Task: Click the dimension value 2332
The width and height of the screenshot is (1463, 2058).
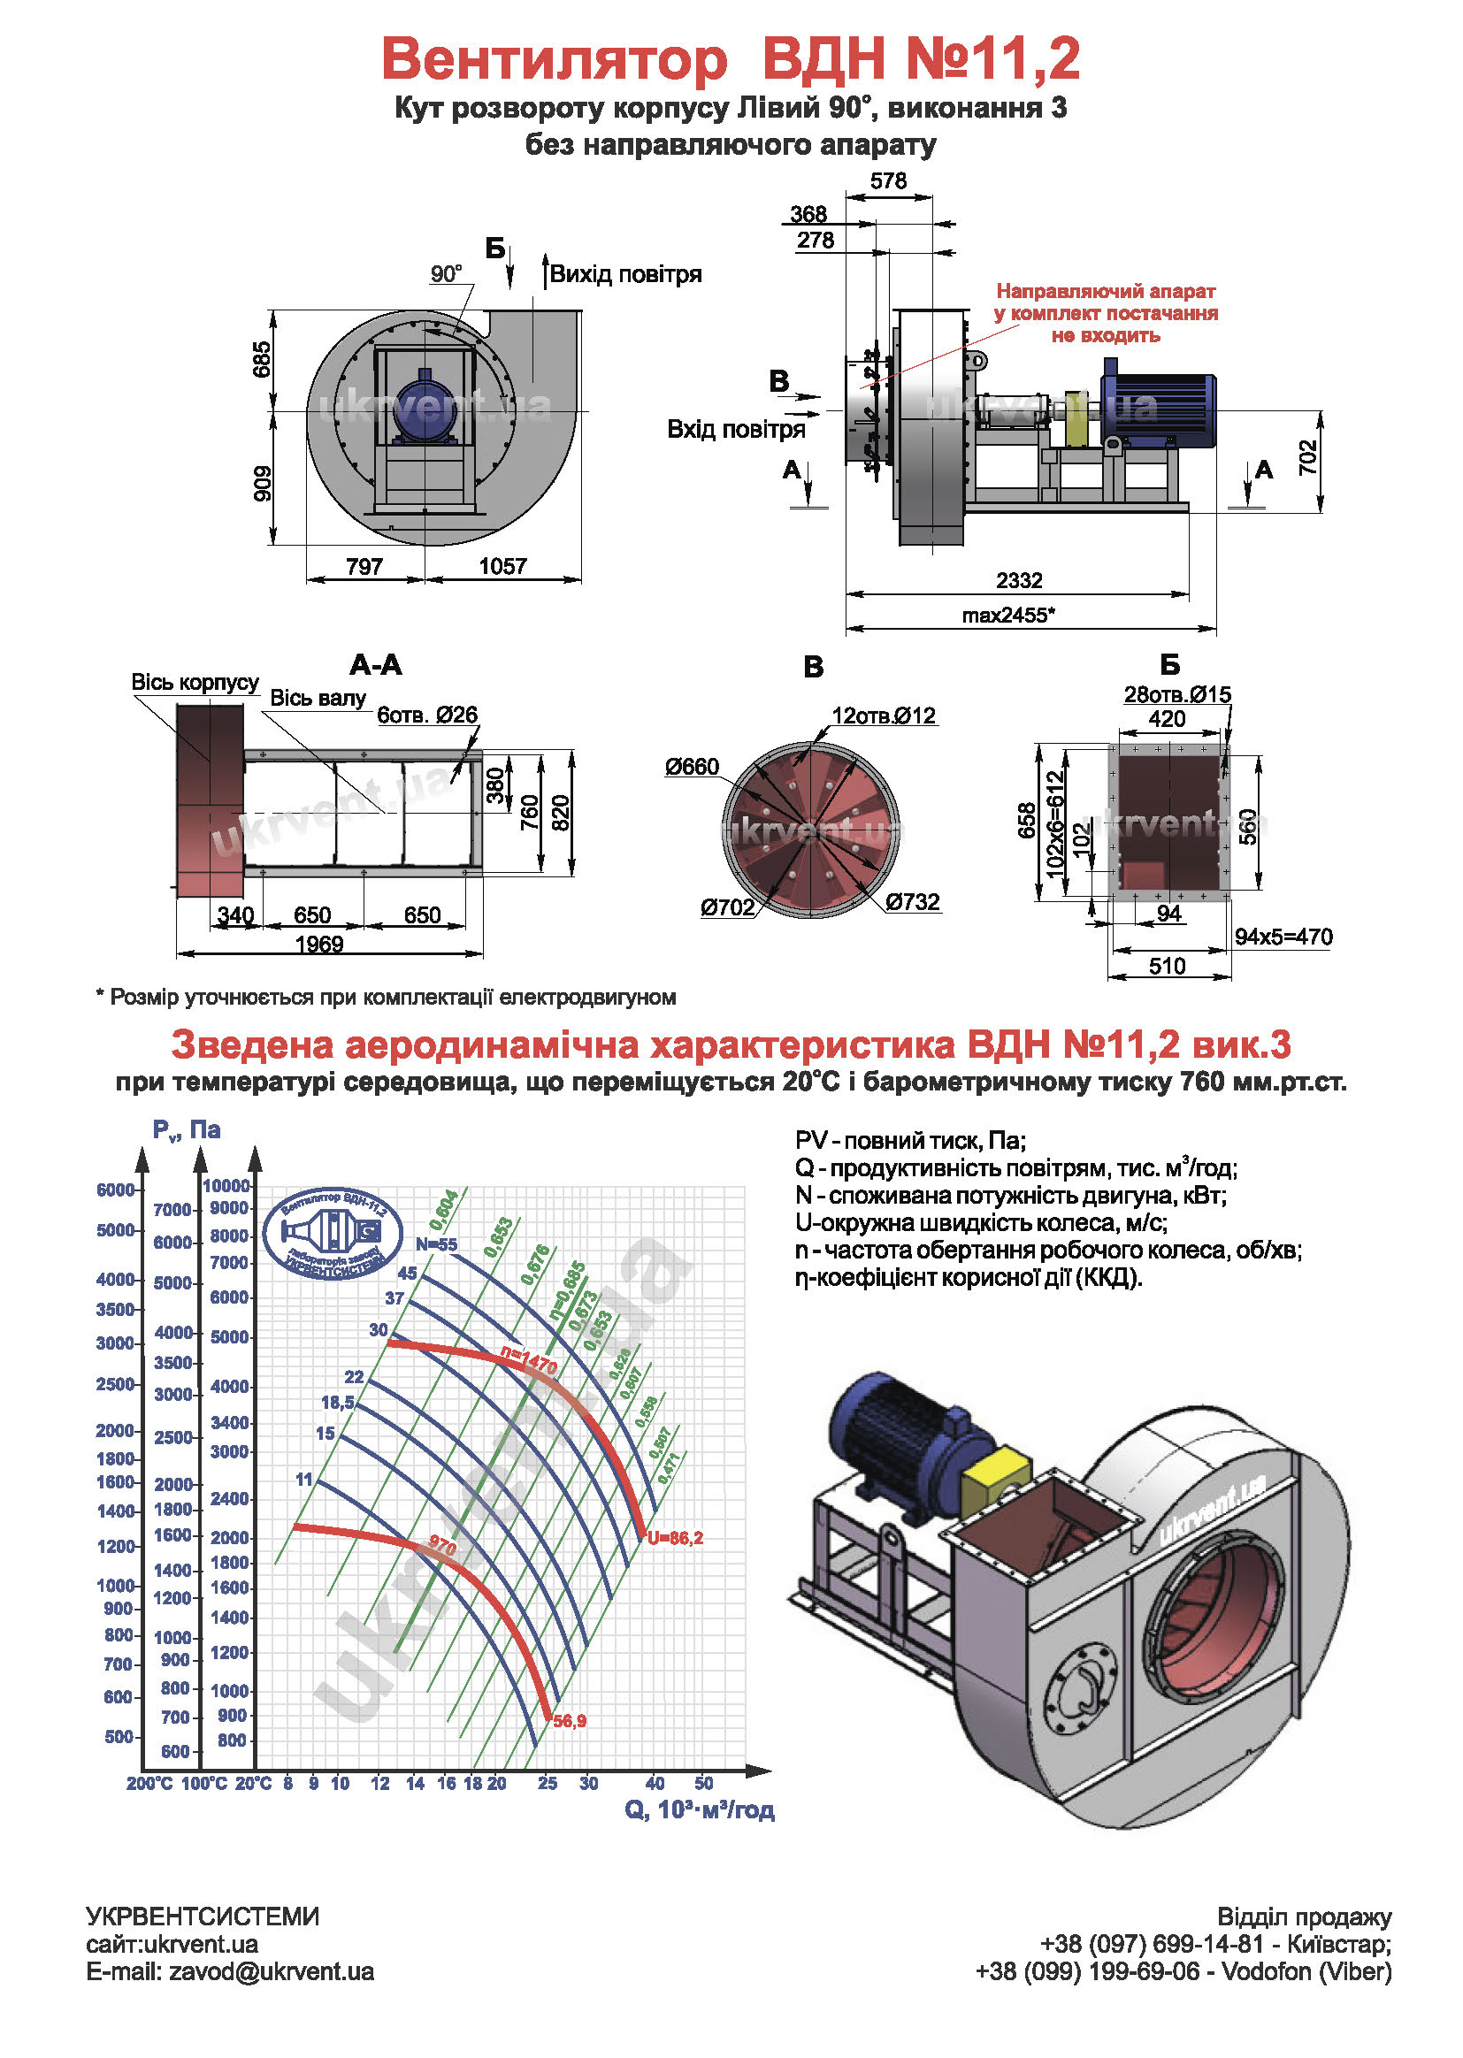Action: [1018, 580]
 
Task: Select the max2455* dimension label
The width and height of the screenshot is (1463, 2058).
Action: [1007, 616]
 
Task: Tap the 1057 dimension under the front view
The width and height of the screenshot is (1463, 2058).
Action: [502, 566]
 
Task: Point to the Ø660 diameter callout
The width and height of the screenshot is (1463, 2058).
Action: [691, 767]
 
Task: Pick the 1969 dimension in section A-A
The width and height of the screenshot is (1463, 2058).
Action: [319, 944]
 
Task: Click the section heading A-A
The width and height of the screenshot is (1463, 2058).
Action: [376, 666]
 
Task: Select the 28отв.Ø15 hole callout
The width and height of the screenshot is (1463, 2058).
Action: [1176, 694]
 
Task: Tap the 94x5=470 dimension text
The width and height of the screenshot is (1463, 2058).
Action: [1283, 937]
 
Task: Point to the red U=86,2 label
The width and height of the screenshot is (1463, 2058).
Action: [675, 1538]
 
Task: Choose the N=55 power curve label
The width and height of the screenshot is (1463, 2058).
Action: [436, 1244]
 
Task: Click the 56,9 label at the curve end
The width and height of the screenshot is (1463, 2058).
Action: [570, 1721]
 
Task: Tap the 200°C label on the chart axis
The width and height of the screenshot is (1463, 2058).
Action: [149, 1783]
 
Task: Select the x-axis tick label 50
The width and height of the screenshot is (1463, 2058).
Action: [703, 1782]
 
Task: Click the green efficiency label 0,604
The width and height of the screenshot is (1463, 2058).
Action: [443, 1210]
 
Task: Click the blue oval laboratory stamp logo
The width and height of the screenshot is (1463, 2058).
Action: [333, 1233]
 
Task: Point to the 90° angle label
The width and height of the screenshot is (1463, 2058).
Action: [446, 273]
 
